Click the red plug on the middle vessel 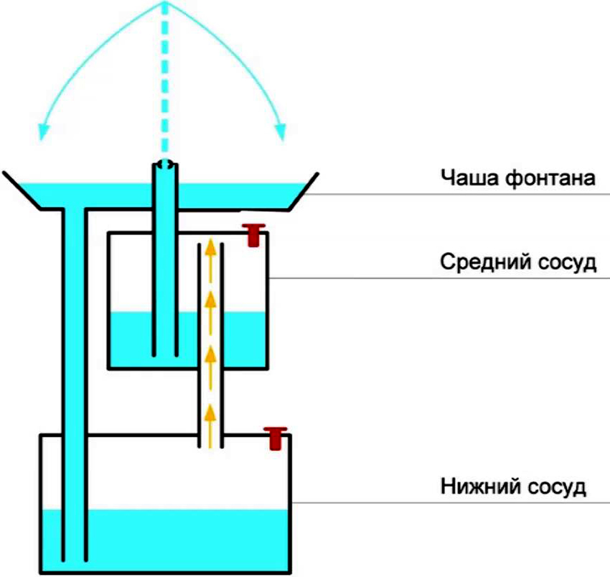click(252, 234)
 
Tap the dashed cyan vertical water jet click(165, 79)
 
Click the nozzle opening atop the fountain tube click(165, 165)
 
